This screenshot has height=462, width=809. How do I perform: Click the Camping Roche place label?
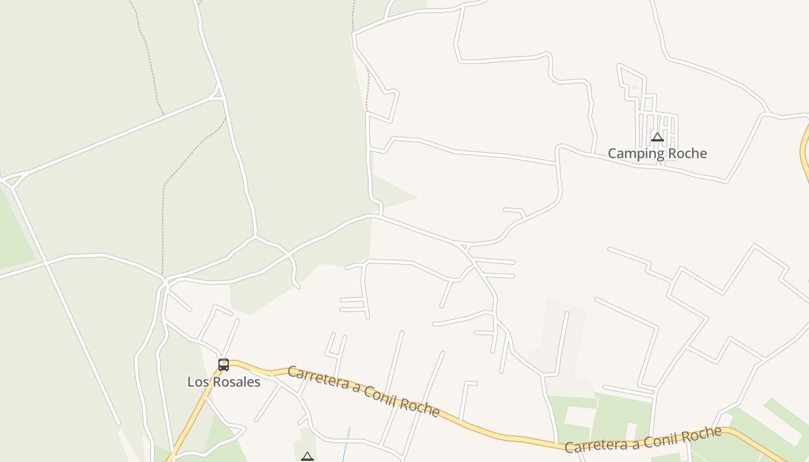click(x=657, y=153)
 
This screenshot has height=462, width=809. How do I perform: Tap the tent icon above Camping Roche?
click(x=657, y=137)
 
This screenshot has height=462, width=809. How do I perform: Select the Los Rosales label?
click(x=224, y=382)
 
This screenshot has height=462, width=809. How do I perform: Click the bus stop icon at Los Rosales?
click(x=224, y=364)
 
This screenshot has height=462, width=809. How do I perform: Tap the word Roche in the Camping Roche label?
click(x=686, y=153)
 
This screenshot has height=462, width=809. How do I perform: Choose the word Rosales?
click(x=236, y=382)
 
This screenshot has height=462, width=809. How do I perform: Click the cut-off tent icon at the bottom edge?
click(x=307, y=457)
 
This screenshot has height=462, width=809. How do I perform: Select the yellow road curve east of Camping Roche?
click(x=804, y=150)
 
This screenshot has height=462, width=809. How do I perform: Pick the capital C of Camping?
click(x=613, y=153)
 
